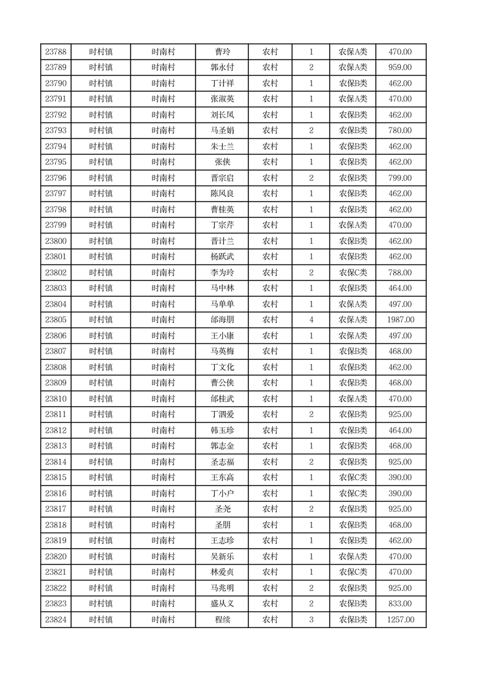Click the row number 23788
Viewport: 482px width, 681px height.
pyautogui.click(x=56, y=52)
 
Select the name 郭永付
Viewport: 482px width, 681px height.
pyautogui.click(x=221, y=67)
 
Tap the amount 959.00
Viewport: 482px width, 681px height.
pyautogui.click(x=400, y=67)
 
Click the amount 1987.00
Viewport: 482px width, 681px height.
pyautogui.click(x=400, y=320)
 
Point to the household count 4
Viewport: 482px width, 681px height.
pyautogui.click(x=311, y=320)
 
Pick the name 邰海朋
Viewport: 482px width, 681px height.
pyautogui.click(x=221, y=320)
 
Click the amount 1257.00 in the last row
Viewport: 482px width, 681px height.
pyautogui.click(x=400, y=620)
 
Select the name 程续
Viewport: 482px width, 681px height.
pyautogui.click(x=222, y=620)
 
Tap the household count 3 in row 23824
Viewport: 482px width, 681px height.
pyautogui.click(x=311, y=620)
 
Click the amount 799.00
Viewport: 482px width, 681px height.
pyautogui.click(x=400, y=178)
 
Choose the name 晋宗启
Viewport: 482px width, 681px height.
pyautogui.click(x=221, y=178)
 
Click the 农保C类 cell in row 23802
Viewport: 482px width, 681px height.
pyautogui.click(x=353, y=273)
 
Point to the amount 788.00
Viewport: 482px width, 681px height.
pyautogui.click(x=400, y=273)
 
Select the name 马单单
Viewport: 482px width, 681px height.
pyautogui.click(x=221, y=304)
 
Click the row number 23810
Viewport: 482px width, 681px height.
pyautogui.click(x=56, y=399)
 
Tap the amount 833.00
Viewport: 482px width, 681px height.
pyautogui.click(x=400, y=604)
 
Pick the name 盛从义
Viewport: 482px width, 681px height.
pyautogui.click(x=221, y=604)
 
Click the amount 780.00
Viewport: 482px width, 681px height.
pyautogui.click(x=400, y=130)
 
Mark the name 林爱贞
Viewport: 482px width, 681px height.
pyautogui.click(x=221, y=572)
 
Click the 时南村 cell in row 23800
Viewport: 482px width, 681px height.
pyautogui.click(x=163, y=241)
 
